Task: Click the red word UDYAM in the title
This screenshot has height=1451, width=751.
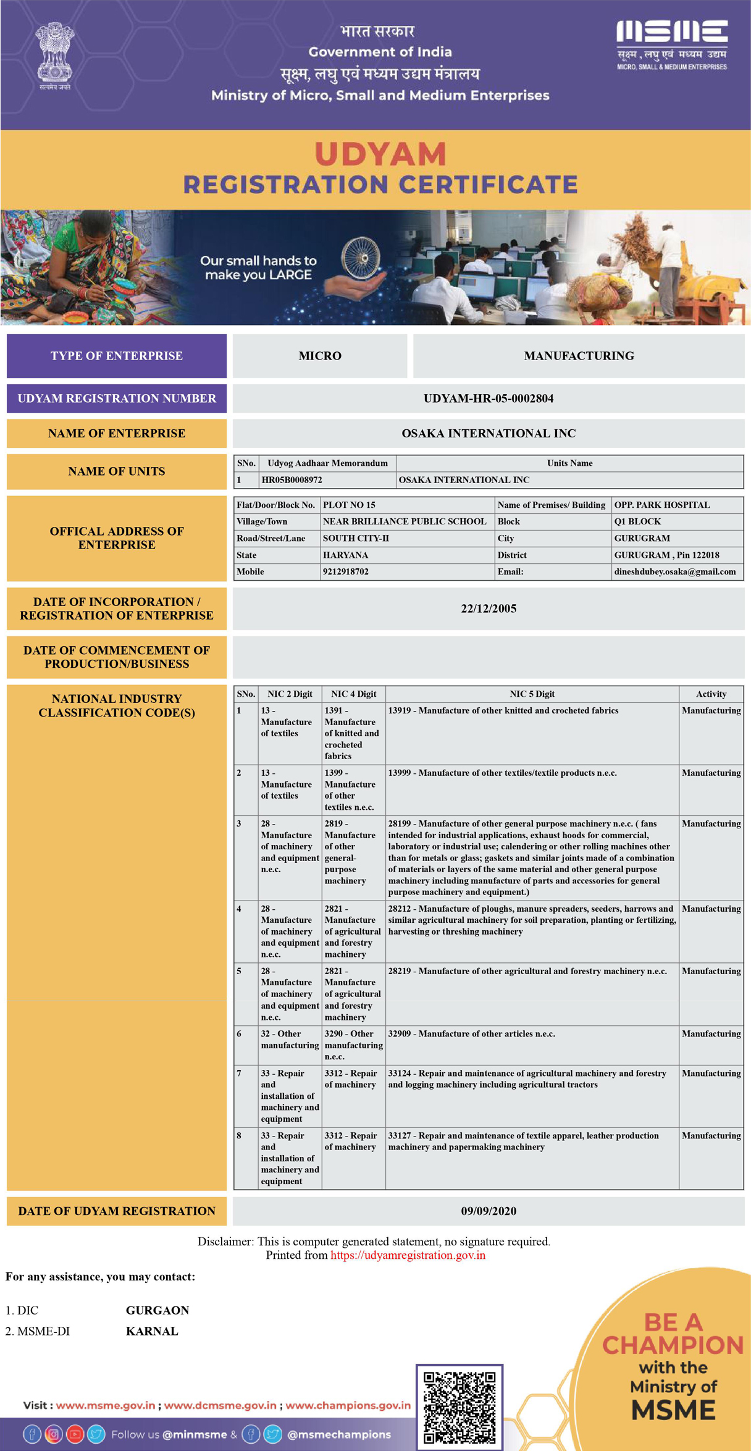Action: [x=380, y=154]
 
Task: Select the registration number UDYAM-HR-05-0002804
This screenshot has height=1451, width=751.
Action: [x=488, y=398]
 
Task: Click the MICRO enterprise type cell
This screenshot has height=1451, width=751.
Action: [x=319, y=356]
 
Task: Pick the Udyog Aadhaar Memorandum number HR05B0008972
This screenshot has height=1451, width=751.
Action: [x=292, y=480]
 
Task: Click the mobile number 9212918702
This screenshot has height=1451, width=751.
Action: [x=345, y=572]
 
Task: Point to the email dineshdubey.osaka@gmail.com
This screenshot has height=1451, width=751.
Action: [x=674, y=572]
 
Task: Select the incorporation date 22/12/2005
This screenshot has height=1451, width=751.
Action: [x=488, y=608]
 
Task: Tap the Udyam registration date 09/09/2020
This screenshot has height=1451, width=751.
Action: [x=488, y=1211]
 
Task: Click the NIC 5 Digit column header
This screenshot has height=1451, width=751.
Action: [x=532, y=694]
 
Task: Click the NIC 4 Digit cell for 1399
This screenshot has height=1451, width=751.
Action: [x=353, y=789]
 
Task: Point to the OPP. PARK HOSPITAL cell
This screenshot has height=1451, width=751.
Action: [x=661, y=505]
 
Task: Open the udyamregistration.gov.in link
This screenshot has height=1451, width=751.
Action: [x=408, y=1255]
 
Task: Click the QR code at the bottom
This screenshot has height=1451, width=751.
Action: [x=459, y=1407]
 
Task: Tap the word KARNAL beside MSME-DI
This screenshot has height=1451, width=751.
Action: [x=152, y=1331]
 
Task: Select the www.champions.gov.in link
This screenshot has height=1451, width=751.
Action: [x=348, y=1405]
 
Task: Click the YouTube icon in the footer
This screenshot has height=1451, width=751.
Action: [x=75, y=1434]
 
